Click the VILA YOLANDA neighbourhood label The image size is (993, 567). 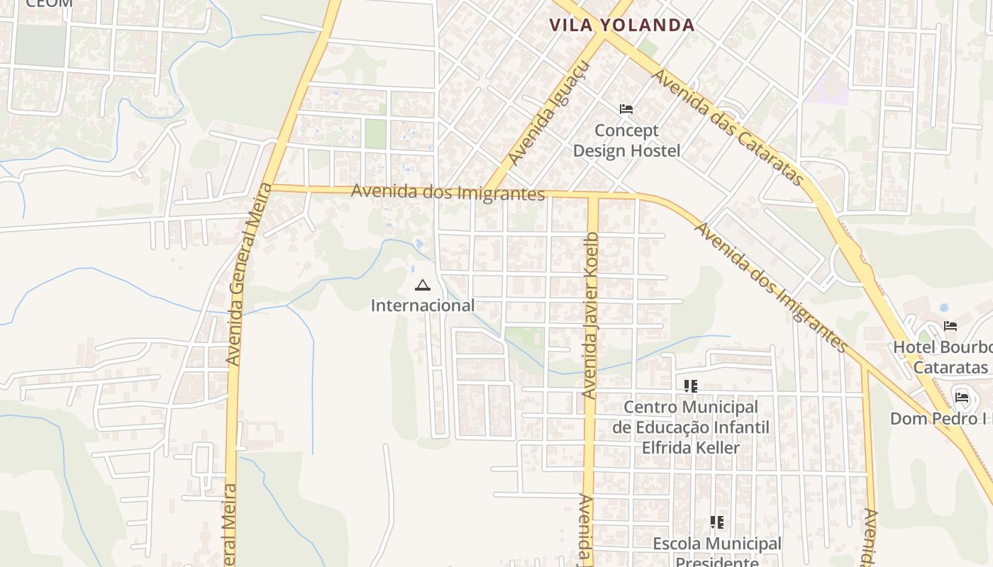click(621, 26)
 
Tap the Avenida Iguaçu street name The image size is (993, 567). click(549, 113)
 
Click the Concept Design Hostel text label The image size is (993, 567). click(626, 140)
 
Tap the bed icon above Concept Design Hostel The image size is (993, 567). click(626, 108)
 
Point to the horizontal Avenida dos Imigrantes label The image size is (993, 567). click(448, 192)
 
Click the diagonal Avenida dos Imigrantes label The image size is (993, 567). click(771, 287)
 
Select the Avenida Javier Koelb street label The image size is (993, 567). click(590, 314)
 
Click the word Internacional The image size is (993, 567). click(423, 305)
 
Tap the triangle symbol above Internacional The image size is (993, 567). click(423, 286)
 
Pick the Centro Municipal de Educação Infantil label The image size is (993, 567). click(690, 427)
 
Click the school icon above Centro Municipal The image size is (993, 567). click(690, 386)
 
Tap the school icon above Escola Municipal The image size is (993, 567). click(717, 522)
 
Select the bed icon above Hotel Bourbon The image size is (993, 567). click(950, 326)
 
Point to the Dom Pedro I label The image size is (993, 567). click(941, 419)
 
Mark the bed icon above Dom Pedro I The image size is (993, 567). click(962, 397)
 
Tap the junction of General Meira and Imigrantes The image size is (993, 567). click(272, 188)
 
